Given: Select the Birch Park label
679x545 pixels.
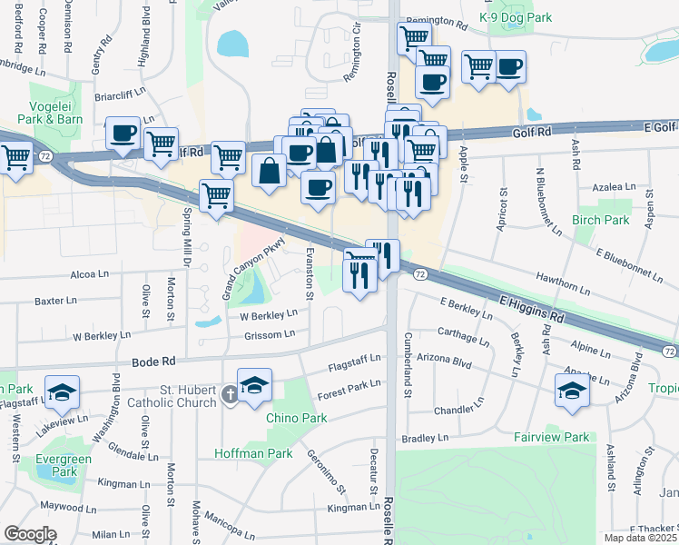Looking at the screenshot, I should coord(600,220).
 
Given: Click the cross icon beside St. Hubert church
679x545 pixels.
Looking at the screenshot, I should coord(231,394).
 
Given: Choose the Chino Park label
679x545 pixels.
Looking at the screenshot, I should coord(296,419).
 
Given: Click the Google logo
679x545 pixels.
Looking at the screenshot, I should coord(30,534).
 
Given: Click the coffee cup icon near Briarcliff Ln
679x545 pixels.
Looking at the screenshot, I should coord(123,133).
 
